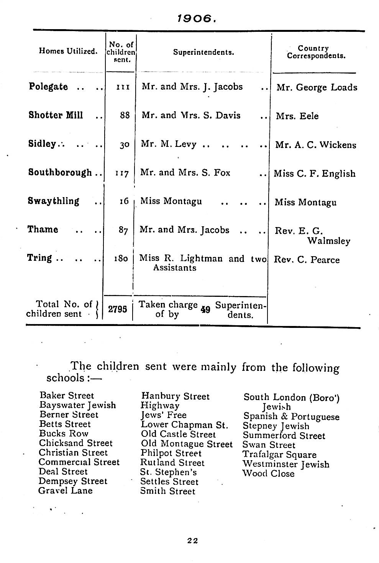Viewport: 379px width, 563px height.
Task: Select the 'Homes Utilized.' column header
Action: click(68, 51)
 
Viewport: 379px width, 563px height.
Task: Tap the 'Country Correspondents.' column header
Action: click(316, 52)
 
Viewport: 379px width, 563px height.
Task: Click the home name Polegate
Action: click(48, 87)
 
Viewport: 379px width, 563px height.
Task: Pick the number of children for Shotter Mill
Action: click(125, 115)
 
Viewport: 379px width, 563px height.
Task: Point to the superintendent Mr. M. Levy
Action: click(169, 144)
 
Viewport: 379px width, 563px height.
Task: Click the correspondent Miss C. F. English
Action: click(314, 174)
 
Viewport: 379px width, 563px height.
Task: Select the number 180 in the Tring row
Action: click(121, 258)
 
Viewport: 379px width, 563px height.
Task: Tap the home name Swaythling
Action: click(53, 201)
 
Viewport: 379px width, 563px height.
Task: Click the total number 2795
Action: click(118, 309)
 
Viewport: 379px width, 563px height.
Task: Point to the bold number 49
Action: click(205, 309)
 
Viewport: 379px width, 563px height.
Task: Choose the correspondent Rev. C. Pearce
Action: click(306, 260)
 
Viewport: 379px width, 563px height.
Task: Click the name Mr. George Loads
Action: click(317, 87)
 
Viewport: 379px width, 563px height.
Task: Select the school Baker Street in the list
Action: click(66, 395)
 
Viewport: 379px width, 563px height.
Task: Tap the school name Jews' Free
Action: click(164, 415)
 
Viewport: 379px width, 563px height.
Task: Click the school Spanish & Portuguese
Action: click(291, 416)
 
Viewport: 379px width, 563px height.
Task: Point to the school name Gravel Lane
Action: click(65, 491)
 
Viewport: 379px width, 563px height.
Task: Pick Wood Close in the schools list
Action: click(268, 474)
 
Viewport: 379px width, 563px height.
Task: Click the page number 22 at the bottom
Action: click(192, 541)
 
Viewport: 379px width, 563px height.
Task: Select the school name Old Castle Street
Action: click(178, 434)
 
